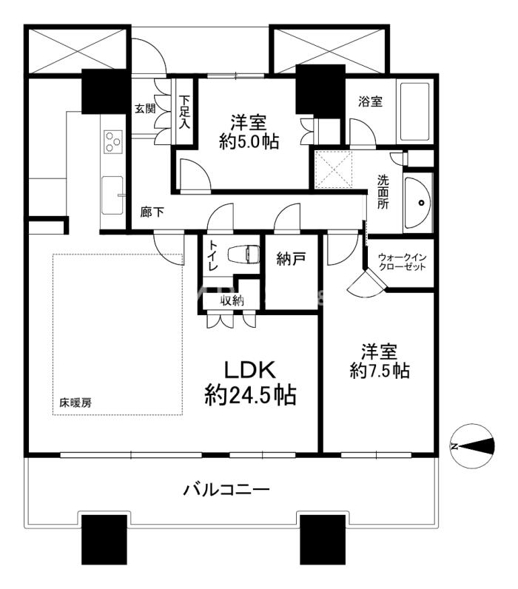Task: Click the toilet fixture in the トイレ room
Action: (244, 255)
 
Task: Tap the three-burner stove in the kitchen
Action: (113, 141)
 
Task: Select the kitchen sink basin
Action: (112, 195)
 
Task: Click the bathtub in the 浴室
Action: (414, 111)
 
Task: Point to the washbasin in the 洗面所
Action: (417, 203)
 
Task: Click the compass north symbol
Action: (472, 446)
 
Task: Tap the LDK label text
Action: (250, 370)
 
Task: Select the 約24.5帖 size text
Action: (250, 394)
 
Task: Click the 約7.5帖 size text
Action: (380, 371)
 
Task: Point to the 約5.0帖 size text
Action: (249, 141)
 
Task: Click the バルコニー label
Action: (226, 490)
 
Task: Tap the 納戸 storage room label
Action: (291, 258)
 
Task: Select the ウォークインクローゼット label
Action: (402, 262)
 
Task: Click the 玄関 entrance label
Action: (145, 109)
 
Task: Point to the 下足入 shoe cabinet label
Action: (184, 112)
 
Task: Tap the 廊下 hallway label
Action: (152, 212)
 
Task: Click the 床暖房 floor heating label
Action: (75, 403)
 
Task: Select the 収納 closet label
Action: (232, 300)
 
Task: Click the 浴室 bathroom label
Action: (370, 101)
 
